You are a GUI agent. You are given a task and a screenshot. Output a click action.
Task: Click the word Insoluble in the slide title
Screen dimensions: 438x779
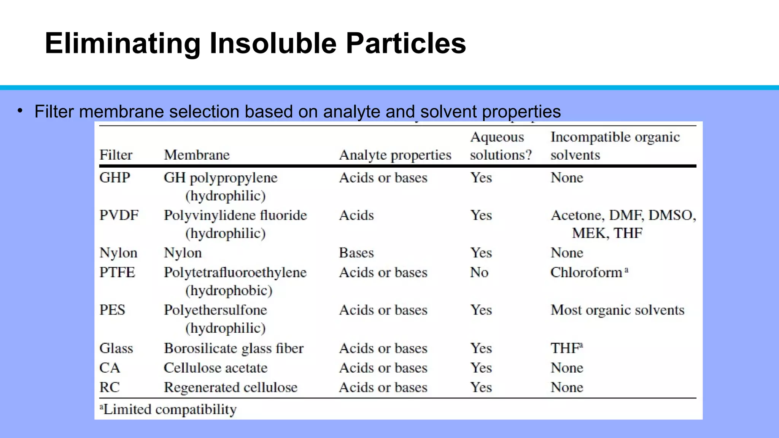tap(273, 43)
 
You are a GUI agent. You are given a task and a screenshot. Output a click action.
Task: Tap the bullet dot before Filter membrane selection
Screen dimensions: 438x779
tap(20, 111)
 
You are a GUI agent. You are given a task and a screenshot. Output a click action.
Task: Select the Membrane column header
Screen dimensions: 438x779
tap(197, 155)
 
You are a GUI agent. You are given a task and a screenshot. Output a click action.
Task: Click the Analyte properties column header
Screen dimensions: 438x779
tap(395, 155)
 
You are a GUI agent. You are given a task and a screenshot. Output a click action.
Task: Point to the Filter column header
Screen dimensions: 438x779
tap(116, 155)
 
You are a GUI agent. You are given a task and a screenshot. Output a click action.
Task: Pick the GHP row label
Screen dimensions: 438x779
tap(114, 178)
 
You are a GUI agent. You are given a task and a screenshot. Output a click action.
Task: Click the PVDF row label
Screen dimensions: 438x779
tap(119, 215)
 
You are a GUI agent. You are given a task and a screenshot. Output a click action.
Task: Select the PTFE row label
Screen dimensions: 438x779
tap(117, 272)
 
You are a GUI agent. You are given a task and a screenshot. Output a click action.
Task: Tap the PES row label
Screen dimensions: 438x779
tap(112, 310)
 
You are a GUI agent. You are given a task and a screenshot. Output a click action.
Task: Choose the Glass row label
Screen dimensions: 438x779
tap(116, 348)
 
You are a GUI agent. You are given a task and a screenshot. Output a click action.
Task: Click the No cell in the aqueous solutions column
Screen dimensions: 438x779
tap(479, 272)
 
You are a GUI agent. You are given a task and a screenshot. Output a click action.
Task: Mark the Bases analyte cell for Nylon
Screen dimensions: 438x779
tap(356, 253)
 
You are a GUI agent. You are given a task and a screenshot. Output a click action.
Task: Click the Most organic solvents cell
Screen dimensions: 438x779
tap(617, 310)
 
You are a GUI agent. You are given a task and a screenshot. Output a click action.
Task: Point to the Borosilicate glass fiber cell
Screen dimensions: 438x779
tap(234, 348)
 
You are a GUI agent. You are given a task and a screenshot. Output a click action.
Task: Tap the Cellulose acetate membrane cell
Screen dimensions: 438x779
tap(215, 368)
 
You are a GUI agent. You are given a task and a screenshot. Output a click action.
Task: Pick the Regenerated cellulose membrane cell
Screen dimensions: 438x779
tap(231, 387)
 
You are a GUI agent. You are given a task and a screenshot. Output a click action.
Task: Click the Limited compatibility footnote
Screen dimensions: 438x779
tap(168, 409)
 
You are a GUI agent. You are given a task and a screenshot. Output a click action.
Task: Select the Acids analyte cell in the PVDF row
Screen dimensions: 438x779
tap(356, 215)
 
